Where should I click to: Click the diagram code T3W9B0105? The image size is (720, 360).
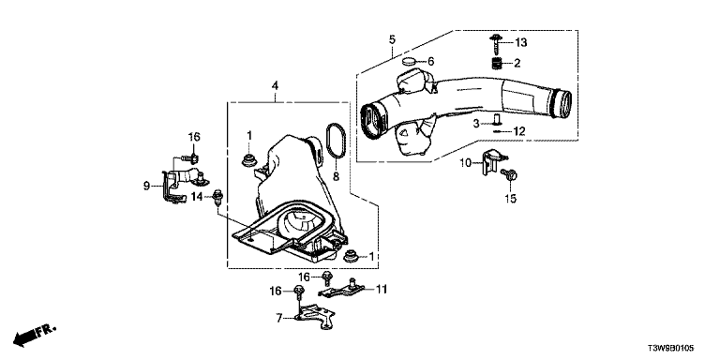coord(671,349)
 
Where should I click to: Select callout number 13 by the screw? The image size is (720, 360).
coord(520,43)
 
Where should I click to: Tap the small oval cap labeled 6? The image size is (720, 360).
coord(409,61)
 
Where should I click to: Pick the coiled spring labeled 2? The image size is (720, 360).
coord(497,64)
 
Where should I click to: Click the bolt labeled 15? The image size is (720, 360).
coord(509,174)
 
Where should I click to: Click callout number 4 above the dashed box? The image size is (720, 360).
coord(275,85)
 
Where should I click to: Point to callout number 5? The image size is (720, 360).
coord(392,39)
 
